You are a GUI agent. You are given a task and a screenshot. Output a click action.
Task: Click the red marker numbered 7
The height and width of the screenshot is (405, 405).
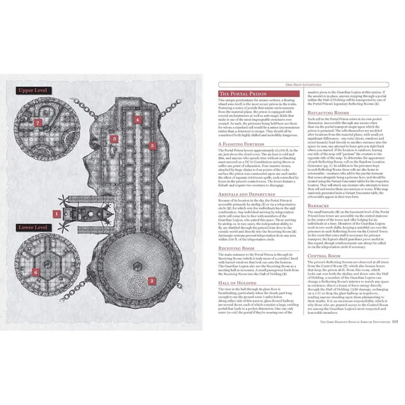point(38,123)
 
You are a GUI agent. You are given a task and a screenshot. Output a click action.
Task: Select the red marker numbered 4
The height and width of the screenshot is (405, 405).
point(137,120)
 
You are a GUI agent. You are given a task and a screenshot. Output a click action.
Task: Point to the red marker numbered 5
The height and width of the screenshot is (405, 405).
point(153,144)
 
